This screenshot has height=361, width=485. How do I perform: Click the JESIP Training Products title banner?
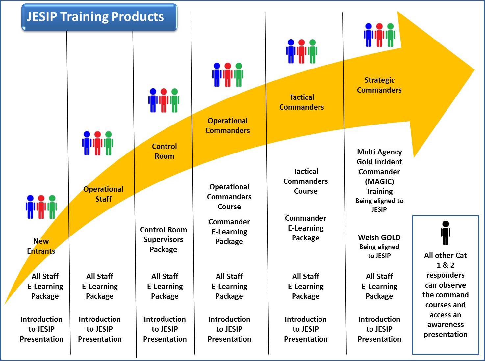click(99, 17)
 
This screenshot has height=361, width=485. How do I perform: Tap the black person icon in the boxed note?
click(446, 233)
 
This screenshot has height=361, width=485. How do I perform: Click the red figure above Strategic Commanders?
click(379, 35)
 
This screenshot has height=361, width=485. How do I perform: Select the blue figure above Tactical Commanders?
click(291, 51)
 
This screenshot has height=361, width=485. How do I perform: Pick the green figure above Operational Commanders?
click(239, 75)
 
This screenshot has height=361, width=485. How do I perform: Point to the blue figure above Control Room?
click(153, 100)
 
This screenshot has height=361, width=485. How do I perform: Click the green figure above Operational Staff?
click(109, 143)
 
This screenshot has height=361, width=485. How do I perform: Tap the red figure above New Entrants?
click(41, 207)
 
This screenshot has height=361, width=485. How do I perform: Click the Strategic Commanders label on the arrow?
click(379, 85)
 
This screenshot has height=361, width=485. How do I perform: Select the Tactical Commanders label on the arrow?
click(302, 102)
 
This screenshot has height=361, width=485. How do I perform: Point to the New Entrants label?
click(41, 246)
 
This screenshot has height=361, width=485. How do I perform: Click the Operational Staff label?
click(103, 194)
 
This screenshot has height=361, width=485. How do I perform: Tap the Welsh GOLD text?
click(379, 237)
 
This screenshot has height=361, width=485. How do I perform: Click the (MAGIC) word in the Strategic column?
click(379, 181)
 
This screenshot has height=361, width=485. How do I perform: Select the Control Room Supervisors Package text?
click(164, 239)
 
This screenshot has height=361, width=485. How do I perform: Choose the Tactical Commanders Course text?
click(306, 181)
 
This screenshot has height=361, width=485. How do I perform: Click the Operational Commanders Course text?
click(229, 197)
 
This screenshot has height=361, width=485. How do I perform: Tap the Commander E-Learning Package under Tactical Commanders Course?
click(306, 228)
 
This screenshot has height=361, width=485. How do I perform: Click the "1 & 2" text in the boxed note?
click(446, 265)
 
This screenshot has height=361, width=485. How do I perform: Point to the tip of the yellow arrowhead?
click(475, 70)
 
